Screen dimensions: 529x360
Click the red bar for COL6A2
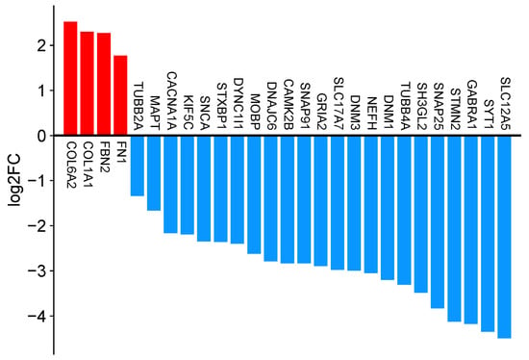(x=70, y=78)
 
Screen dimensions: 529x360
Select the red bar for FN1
(x=120, y=95)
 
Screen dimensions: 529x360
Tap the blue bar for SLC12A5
(x=504, y=237)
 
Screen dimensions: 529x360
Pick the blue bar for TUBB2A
(x=138, y=166)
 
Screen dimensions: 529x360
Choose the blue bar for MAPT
(x=154, y=173)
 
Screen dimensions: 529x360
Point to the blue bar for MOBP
(x=254, y=194)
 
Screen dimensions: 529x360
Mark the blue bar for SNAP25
(x=438, y=222)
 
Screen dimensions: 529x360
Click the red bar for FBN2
(x=104, y=84)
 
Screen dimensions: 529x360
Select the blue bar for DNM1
(x=388, y=208)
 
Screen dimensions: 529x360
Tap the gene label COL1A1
(x=88, y=165)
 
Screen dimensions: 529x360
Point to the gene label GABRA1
(x=471, y=105)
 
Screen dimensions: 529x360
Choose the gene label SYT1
(x=488, y=115)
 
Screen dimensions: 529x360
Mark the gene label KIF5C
(x=188, y=113)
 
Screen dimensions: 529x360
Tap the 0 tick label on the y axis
(x=40, y=136)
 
